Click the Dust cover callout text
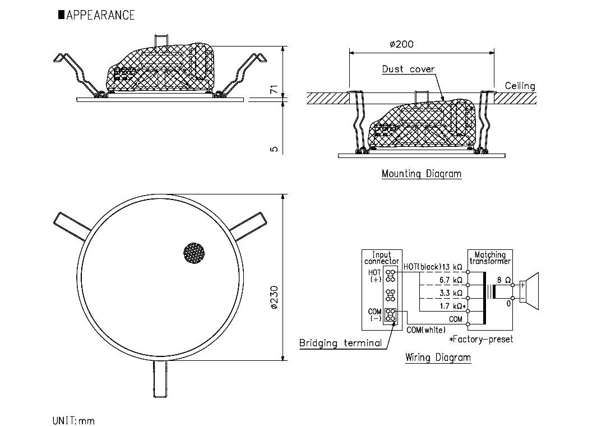click(x=408, y=69)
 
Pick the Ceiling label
click(x=520, y=86)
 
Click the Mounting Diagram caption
click(x=422, y=174)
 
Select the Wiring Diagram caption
click(x=438, y=358)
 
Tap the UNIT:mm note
click(x=73, y=420)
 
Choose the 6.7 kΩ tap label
click(x=451, y=280)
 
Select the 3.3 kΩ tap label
click(x=451, y=293)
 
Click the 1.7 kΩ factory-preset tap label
click(x=452, y=306)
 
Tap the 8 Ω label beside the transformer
click(x=503, y=280)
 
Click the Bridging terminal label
click(x=340, y=344)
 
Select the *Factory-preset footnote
click(x=480, y=339)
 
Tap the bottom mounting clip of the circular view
click(x=160, y=379)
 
